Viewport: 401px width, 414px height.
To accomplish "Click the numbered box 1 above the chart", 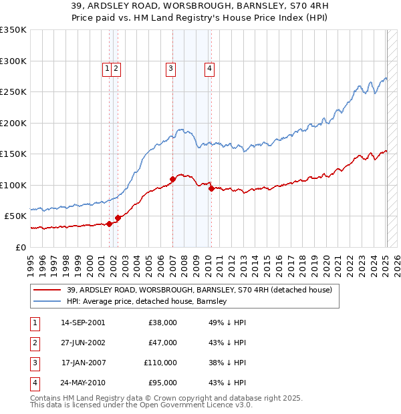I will [106, 67].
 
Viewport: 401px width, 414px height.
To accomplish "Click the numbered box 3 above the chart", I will [170, 67].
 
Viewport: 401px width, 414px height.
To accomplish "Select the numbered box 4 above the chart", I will [209, 67].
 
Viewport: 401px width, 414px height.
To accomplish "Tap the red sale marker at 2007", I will [172, 179].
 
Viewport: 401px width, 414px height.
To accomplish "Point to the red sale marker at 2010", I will [212, 188].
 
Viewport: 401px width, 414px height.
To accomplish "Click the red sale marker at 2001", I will [109, 224].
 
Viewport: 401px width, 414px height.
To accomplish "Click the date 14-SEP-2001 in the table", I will [82, 323].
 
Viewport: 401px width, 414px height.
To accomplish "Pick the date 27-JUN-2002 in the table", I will [82, 343].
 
